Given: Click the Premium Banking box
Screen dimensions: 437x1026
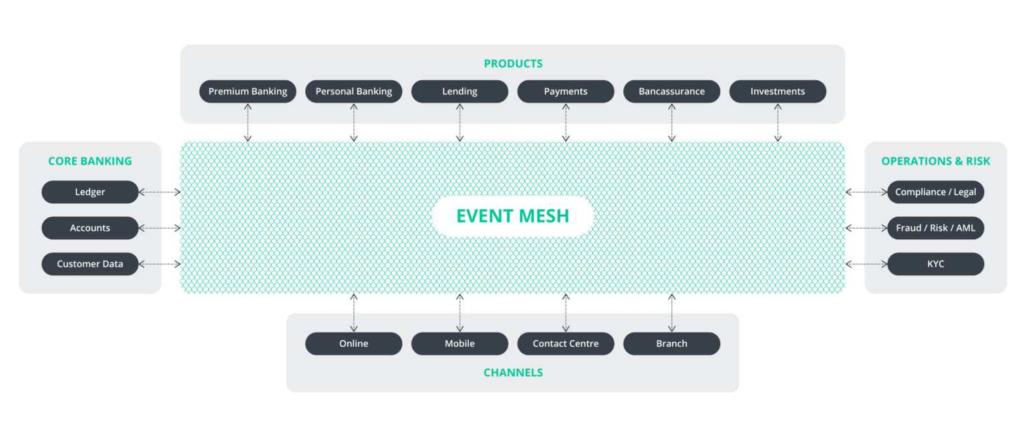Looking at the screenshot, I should point(248,92).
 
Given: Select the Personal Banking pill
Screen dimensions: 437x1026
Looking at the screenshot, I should point(353,92).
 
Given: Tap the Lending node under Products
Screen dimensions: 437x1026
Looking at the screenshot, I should point(460,92).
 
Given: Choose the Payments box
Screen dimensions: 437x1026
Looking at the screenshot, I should point(566,92).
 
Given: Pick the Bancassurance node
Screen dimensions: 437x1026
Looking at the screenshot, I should point(671,92).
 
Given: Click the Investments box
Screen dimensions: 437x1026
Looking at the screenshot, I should point(778,92).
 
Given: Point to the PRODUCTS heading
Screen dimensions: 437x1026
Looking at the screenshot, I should point(513,64).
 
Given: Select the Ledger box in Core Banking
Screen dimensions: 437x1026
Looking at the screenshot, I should point(90,192).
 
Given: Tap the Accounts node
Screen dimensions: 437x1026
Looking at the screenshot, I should point(90,229).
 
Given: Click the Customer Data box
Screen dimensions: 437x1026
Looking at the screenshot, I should point(90,264).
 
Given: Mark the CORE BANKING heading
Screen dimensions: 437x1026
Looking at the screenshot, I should point(90,161).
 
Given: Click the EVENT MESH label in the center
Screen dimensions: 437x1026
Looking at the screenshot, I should point(513,216).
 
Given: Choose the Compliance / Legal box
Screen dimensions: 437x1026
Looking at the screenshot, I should point(935,192).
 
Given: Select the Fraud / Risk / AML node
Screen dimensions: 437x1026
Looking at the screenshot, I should point(935,229).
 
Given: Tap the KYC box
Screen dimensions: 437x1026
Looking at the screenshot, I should point(935,264).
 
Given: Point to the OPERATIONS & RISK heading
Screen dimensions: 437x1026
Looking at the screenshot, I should point(935,161).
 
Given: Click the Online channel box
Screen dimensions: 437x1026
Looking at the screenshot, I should point(353,343).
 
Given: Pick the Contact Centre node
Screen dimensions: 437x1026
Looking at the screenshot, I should point(566,343).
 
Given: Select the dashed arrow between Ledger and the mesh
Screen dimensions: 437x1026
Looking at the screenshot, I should point(160,192).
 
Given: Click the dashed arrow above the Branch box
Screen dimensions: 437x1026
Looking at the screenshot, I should point(671,312).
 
